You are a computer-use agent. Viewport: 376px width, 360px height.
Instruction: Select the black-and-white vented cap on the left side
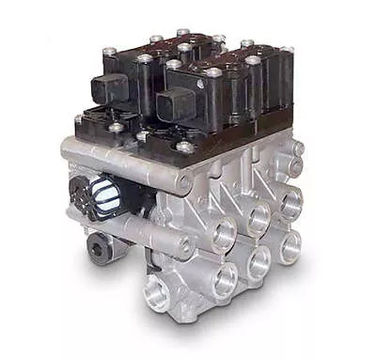pyautogui.click(x=102, y=196)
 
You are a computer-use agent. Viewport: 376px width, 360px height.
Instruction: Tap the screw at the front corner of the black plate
pyautogui.click(x=184, y=148)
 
